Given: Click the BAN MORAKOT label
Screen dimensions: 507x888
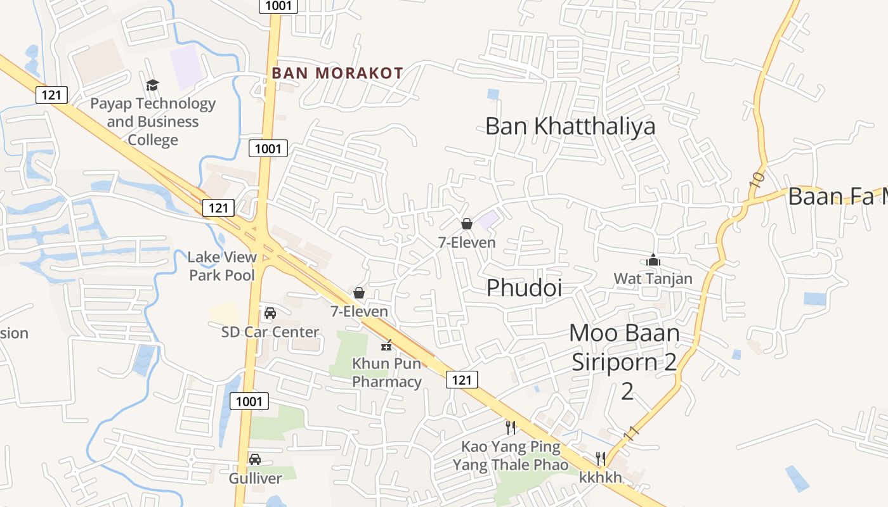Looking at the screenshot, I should click(337, 73).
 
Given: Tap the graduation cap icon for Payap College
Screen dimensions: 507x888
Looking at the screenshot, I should click(152, 85).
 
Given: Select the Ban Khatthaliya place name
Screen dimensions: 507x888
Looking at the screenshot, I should click(570, 125).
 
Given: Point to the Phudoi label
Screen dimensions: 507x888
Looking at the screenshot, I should click(524, 288).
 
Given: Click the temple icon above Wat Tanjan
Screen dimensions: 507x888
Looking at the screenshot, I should click(653, 260).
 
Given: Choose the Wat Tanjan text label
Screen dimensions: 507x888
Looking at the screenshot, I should click(653, 278).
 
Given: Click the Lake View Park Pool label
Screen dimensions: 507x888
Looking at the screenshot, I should click(222, 266).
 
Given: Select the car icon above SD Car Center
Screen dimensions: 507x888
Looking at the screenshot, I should click(270, 313).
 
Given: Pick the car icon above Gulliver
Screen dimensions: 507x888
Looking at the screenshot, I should click(255, 459).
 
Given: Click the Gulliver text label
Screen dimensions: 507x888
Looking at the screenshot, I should click(255, 478).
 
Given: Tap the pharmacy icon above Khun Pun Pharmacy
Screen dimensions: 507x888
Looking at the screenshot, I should click(386, 346).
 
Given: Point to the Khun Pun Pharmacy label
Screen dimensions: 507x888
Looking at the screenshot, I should click(387, 373).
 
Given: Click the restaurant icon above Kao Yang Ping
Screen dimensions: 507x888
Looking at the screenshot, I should click(511, 428).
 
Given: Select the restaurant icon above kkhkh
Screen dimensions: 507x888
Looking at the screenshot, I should click(600, 458).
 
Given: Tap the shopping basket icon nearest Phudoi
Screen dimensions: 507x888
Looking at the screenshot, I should click(467, 224).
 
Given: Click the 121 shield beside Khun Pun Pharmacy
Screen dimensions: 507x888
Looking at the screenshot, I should click(462, 380).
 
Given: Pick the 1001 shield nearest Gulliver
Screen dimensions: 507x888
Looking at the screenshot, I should click(249, 401).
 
